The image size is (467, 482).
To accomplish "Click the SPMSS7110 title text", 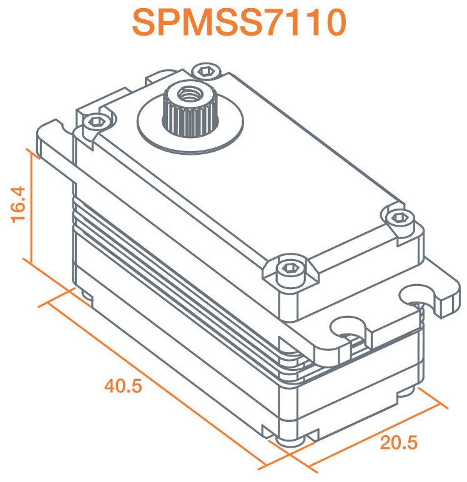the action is click(x=239, y=22).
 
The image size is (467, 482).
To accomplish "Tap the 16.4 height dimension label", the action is click(x=18, y=204).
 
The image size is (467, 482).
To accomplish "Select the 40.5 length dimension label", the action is click(x=123, y=386).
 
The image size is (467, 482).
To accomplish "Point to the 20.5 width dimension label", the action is click(x=399, y=443).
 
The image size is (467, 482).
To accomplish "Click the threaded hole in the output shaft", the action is click(x=188, y=94).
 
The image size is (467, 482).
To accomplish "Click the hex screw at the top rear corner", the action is click(x=206, y=72).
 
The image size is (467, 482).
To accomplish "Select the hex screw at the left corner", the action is click(x=96, y=122).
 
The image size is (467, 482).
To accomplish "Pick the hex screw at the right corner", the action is click(x=399, y=219).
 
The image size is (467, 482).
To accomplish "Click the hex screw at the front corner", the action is click(x=290, y=268).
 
